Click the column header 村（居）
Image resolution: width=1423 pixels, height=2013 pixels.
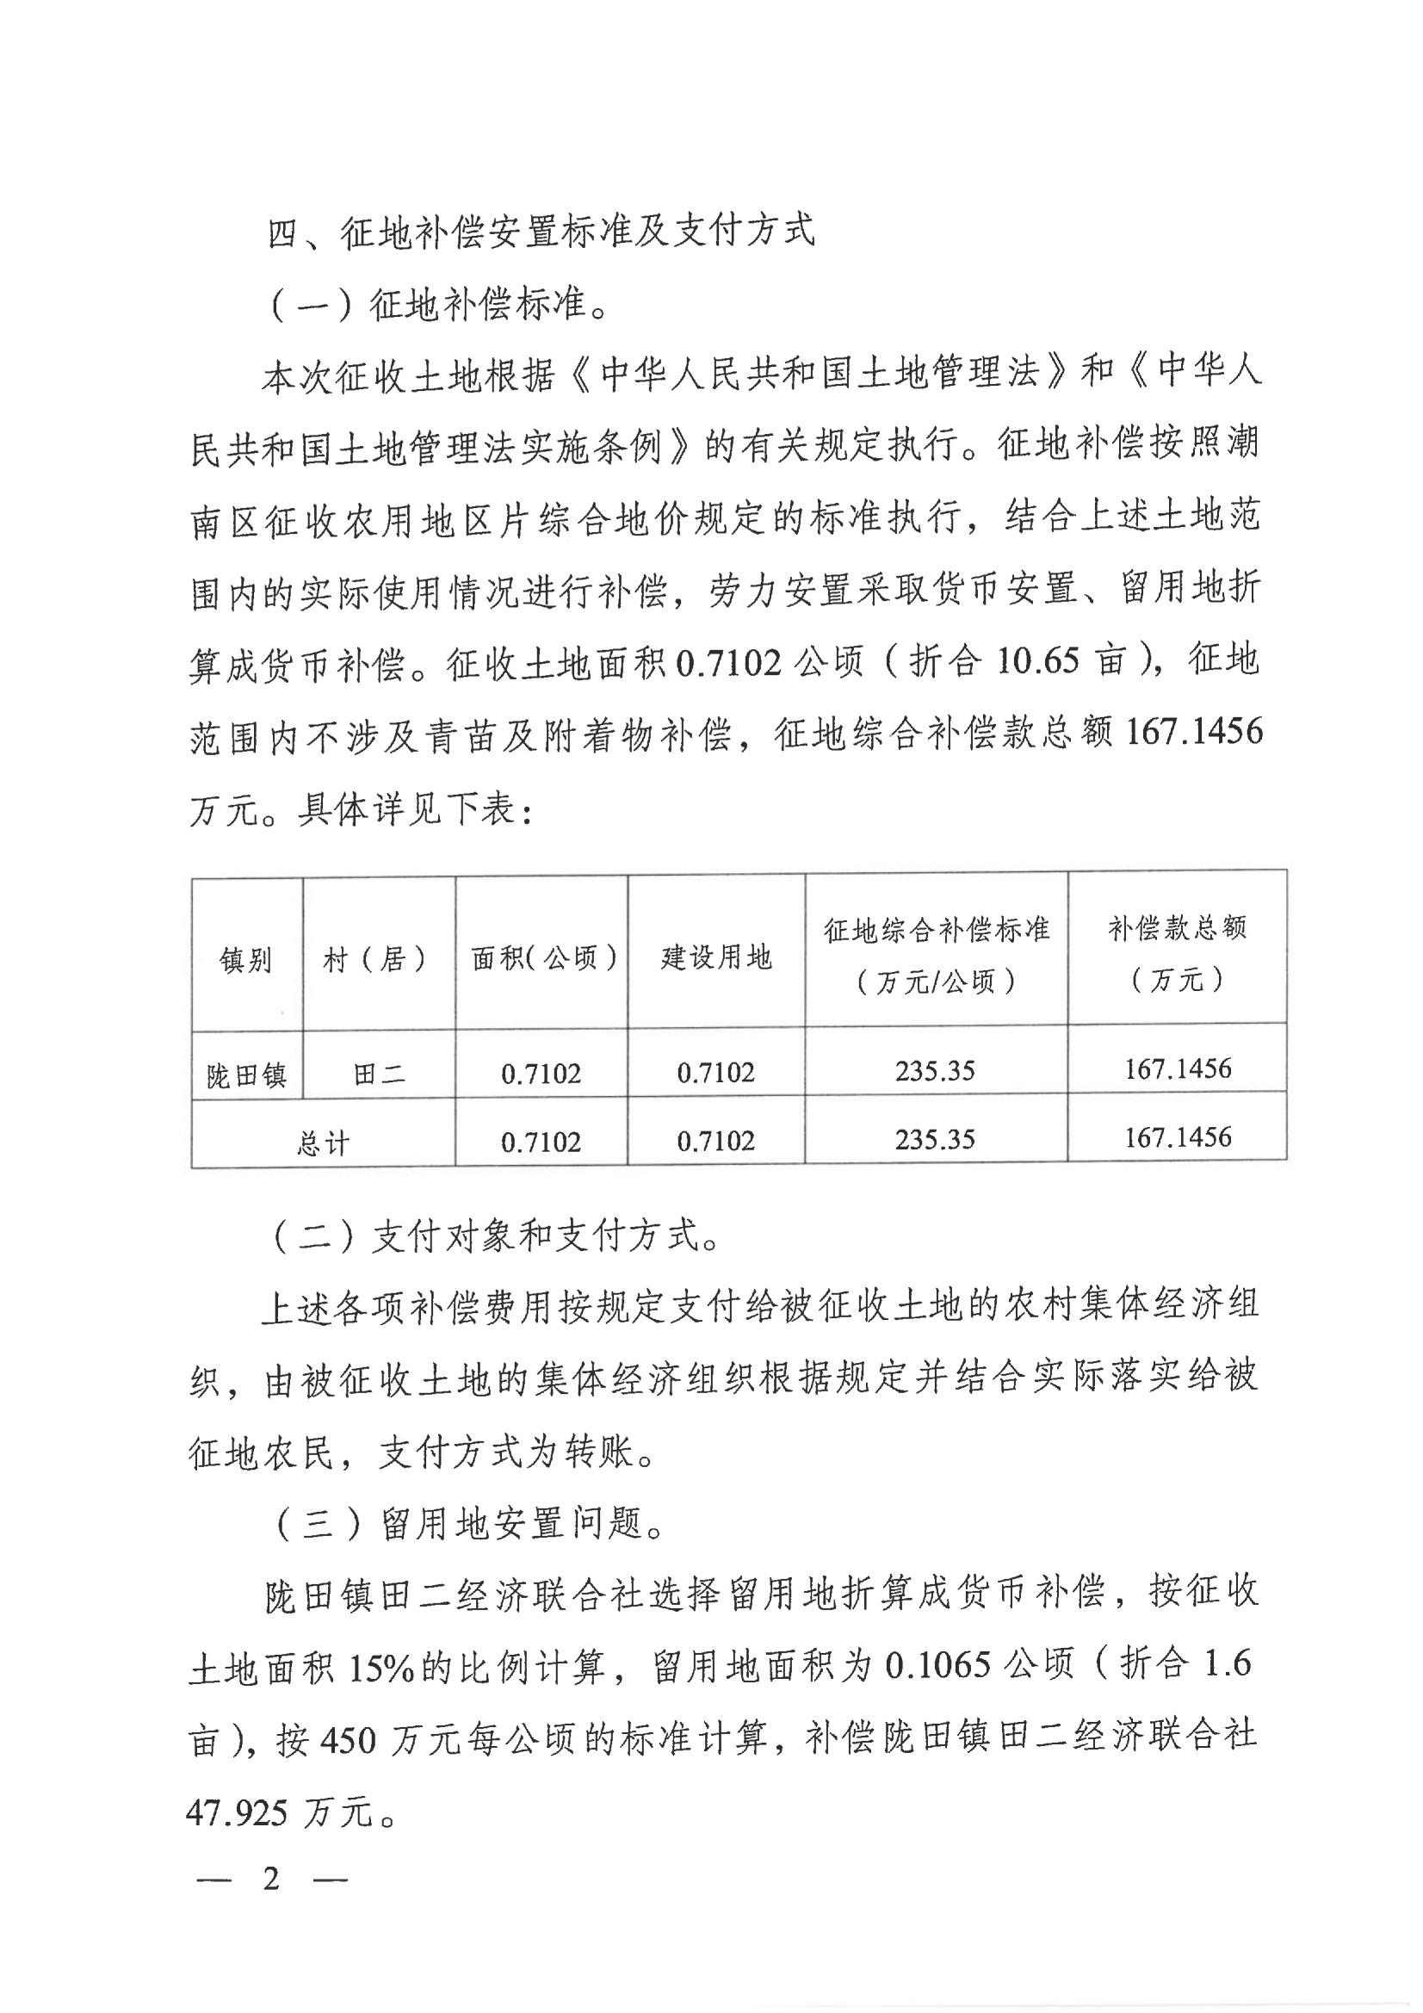(378, 960)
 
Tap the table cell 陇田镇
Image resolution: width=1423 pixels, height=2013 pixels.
(246, 1075)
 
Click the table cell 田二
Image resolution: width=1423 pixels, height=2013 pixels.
(379, 1074)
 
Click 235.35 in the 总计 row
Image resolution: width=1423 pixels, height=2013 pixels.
(936, 1139)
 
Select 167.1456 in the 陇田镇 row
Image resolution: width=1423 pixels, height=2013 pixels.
(1178, 1068)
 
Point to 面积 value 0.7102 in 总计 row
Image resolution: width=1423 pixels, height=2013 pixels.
(541, 1142)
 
